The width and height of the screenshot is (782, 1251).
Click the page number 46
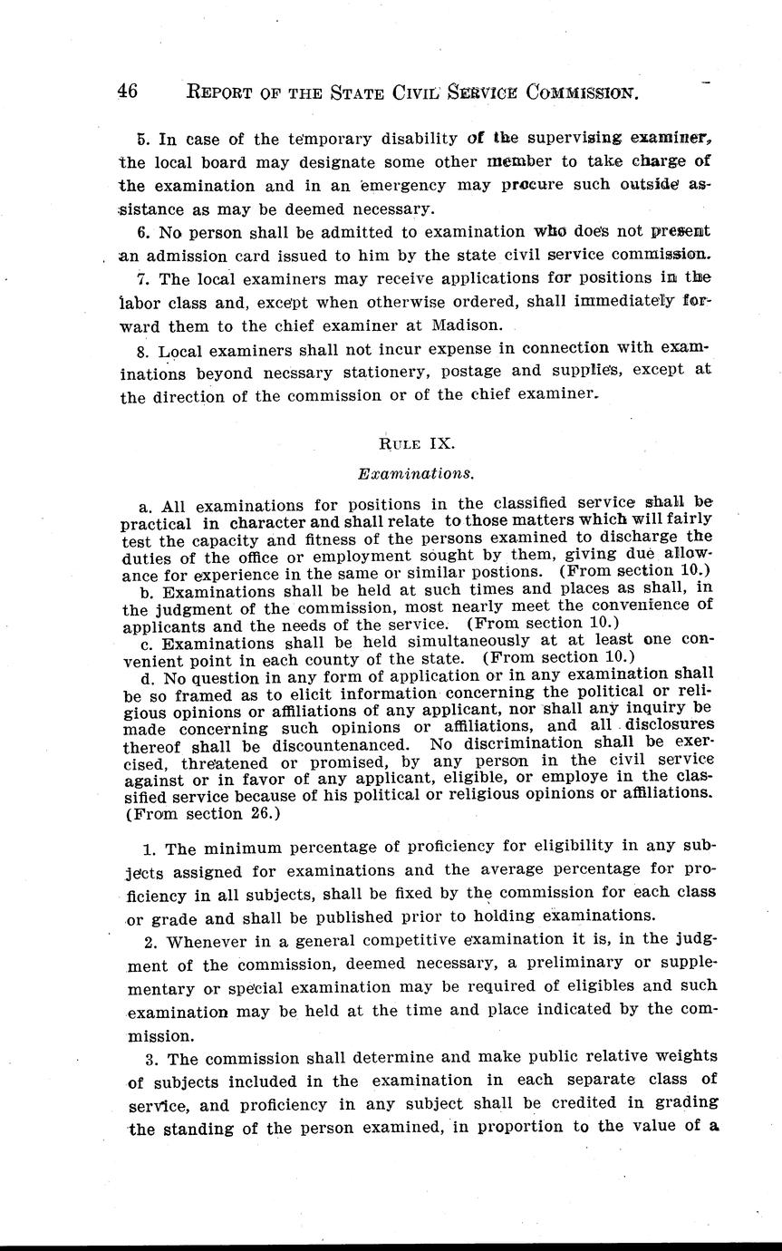click(x=127, y=92)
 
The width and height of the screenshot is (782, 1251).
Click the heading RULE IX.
click(x=416, y=443)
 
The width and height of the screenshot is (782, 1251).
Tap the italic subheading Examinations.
click(x=416, y=472)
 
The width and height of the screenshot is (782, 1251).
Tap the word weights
click(x=681, y=1056)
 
